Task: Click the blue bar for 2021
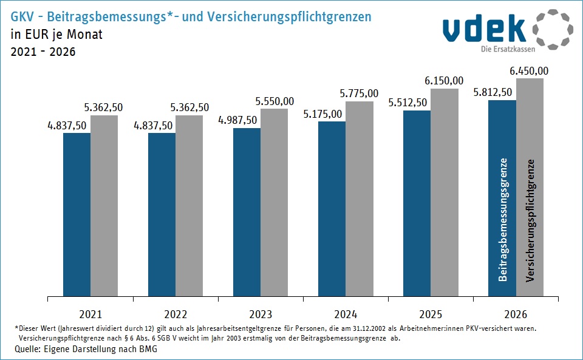tap(77, 215)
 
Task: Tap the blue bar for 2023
tap(247, 212)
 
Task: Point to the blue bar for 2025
tap(417, 204)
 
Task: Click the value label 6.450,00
tap(529, 71)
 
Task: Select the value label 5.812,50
tap(492, 93)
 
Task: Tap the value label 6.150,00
tap(444, 81)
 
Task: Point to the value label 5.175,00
tap(322, 114)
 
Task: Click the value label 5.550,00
tap(274, 101)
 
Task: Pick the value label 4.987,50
tap(237, 120)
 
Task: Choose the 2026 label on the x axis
tap(516, 314)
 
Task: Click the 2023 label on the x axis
tap(261, 314)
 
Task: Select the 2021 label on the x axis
tap(90, 314)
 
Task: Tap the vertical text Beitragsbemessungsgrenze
tap(503, 220)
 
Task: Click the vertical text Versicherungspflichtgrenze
tap(530, 220)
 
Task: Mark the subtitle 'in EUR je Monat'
tap(56, 35)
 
